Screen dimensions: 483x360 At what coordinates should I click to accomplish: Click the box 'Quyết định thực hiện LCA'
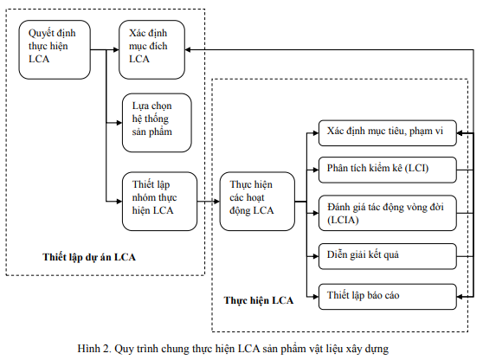tap(55, 49)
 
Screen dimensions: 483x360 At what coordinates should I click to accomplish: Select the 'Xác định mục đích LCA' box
tap(151, 49)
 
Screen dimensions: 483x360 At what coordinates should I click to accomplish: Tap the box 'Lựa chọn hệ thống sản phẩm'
tap(157, 123)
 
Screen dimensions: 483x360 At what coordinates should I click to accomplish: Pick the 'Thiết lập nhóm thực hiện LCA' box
tap(159, 201)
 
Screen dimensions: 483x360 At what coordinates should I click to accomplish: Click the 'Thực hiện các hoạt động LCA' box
tap(257, 201)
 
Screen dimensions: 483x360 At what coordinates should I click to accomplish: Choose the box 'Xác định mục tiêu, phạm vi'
tap(388, 133)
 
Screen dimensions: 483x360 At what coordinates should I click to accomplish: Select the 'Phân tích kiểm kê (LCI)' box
tap(388, 170)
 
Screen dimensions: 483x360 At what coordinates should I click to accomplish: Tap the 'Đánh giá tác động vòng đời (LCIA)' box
tap(388, 213)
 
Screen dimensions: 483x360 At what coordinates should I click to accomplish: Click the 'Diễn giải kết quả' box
tap(388, 256)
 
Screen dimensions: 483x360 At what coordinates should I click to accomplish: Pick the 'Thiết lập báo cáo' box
tap(388, 297)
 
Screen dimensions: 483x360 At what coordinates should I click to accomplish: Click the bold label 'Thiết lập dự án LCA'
tap(89, 257)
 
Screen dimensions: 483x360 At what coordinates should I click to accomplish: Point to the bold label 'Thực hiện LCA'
tap(259, 300)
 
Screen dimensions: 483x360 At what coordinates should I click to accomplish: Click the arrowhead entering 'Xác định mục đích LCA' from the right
tap(188, 49)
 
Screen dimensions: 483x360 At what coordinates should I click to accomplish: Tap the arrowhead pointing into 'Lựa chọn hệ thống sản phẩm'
tap(119, 123)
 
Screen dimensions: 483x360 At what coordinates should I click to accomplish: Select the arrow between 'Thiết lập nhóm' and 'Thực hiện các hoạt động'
tap(209, 202)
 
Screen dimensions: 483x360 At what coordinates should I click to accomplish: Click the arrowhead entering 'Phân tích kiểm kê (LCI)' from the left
tap(315, 170)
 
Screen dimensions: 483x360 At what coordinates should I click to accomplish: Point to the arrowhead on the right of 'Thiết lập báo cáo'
tap(460, 297)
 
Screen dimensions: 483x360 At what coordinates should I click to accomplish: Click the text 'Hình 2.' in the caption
tap(94, 349)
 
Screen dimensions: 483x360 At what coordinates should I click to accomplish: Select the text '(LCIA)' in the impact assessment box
tap(343, 220)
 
